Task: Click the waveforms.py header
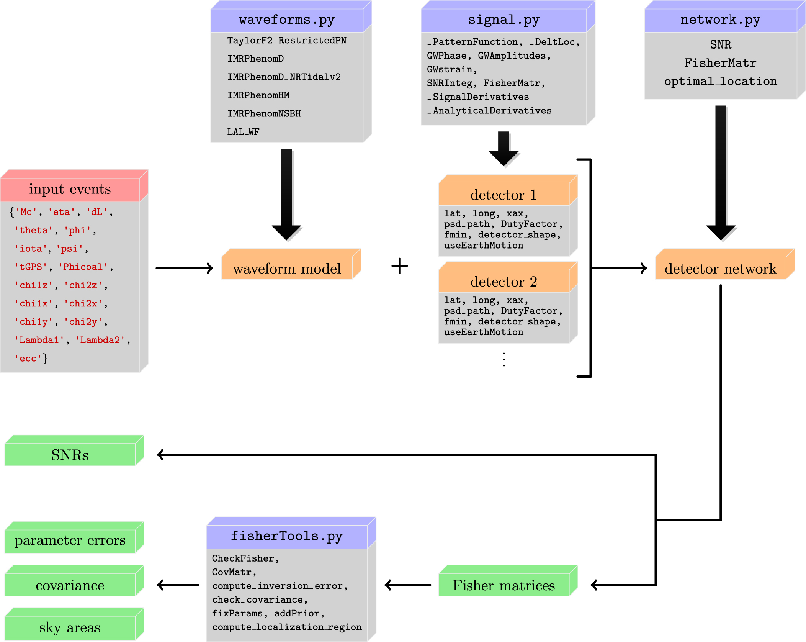[287, 20]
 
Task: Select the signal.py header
[504, 20]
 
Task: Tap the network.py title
[720, 20]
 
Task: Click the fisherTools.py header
[287, 536]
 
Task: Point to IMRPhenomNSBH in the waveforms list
[264, 114]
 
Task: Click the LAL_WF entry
[243, 132]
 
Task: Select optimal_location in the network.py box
[721, 82]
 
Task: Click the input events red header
[70, 189]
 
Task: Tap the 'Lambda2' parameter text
[100, 340]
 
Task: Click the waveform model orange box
[287, 269]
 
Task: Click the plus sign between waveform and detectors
[399, 266]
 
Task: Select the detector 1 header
[504, 195]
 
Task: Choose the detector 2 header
[504, 282]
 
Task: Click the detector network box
[720, 269]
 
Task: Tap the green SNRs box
[70, 455]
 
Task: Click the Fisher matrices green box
[504, 585]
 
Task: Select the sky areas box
[70, 628]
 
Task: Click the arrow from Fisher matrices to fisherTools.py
[408, 585]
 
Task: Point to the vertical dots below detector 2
[504, 359]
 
